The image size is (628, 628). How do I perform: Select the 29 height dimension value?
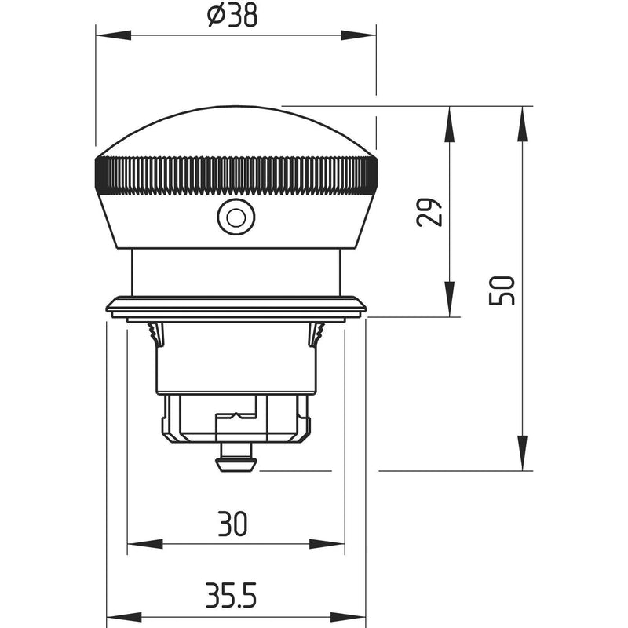(429, 212)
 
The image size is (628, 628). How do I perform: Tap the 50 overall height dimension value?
(502, 290)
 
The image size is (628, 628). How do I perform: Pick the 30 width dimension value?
(232, 524)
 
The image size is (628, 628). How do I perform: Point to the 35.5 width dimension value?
(231, 596)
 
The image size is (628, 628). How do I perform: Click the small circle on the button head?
(236, 217)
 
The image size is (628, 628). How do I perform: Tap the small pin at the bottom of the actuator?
(236, 457)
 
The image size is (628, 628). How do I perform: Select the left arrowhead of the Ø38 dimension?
(113, 35)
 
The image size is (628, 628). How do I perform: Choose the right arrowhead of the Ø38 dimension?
(359, 35)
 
